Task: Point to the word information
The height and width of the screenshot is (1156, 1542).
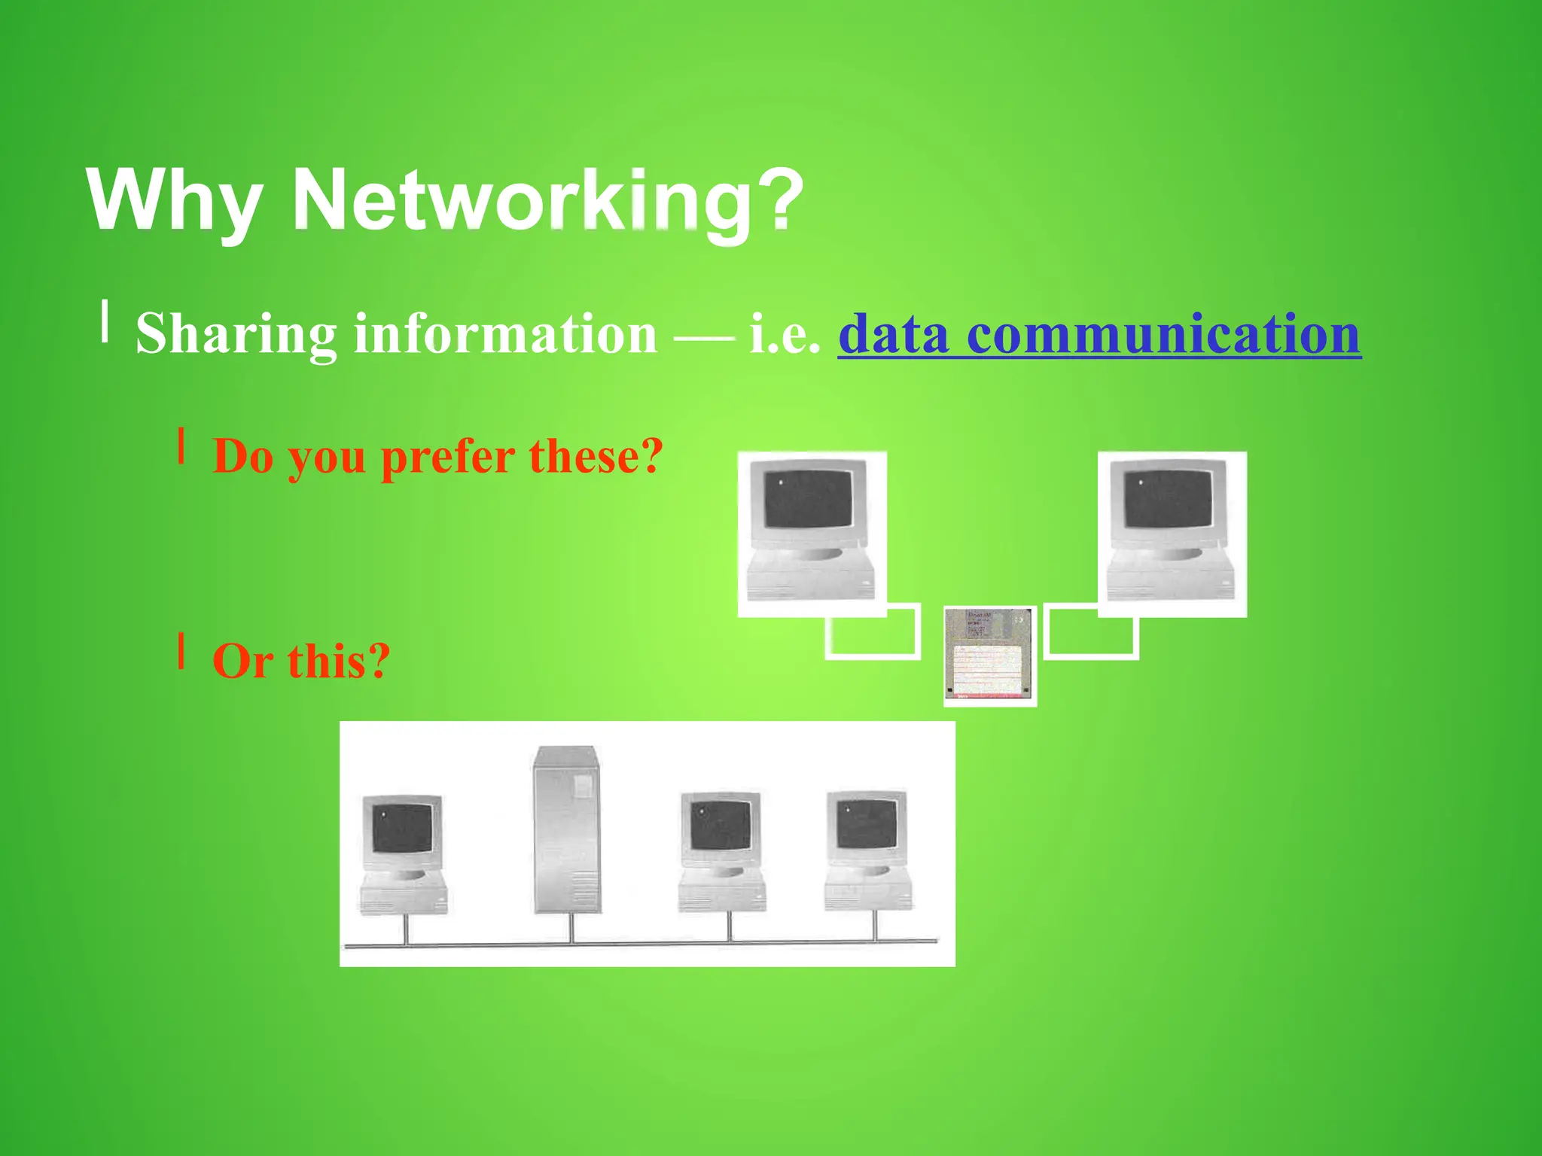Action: [x=505, y=333]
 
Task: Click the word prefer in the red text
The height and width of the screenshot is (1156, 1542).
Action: [x=447, y=457]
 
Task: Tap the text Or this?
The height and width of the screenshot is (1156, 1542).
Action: [x=301, y=662]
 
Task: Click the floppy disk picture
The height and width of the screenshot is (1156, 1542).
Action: [x=990, y=656]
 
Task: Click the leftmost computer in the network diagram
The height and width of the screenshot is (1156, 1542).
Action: [x=403, y=853]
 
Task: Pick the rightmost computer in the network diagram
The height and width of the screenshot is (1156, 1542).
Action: [x=867, y=850]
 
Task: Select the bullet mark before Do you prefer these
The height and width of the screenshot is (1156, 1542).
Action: [x=181, y=446]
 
